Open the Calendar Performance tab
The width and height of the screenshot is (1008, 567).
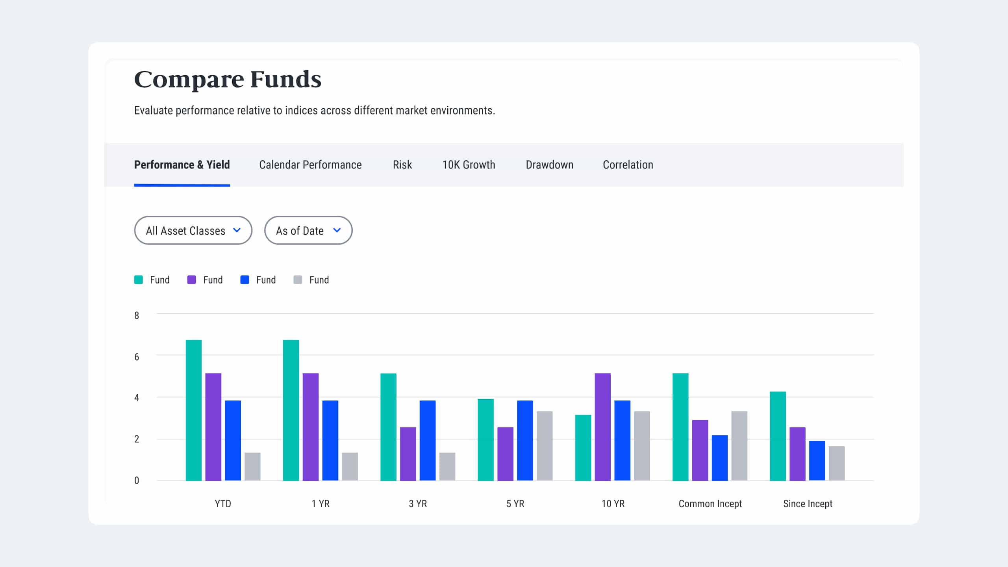point(310,165)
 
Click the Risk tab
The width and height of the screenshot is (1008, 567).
point(402,165)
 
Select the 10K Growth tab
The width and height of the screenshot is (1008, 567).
point(469,165)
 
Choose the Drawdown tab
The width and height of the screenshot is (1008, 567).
point(549,165)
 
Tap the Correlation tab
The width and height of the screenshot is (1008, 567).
point(628,165)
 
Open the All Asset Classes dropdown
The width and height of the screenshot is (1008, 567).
point(193,230)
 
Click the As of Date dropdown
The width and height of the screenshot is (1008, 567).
point(308,230)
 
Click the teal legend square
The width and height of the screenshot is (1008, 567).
point(139,280)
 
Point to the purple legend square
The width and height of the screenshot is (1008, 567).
point(192,280)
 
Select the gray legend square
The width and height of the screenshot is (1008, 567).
point(298,280)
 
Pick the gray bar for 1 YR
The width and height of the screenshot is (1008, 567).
point(350,467)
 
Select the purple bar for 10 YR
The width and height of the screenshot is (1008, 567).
point(602,427)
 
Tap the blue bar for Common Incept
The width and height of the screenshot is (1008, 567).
point(719,458)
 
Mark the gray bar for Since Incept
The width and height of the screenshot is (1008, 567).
point(836,463)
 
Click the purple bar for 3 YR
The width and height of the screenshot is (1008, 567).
point(408,454)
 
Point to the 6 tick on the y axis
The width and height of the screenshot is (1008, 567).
point(137,357)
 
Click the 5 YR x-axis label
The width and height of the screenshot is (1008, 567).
point(515,504)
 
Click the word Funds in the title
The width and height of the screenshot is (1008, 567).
point(286,79)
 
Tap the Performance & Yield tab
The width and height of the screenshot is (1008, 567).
point(182,165)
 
